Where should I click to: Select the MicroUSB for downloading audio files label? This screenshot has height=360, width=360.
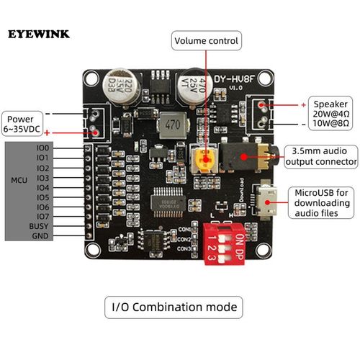323,204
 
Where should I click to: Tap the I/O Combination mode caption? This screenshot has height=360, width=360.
173,307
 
